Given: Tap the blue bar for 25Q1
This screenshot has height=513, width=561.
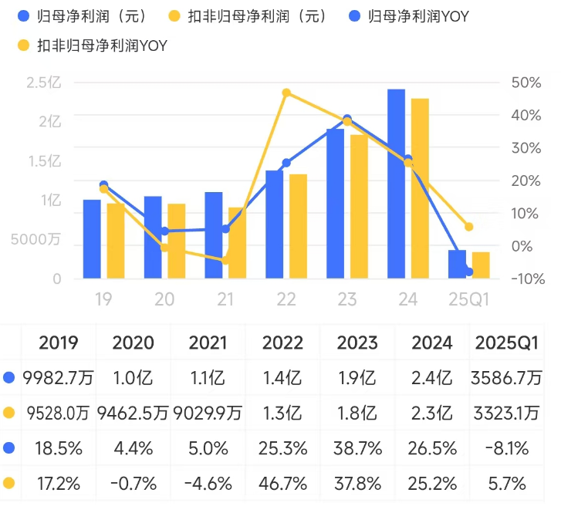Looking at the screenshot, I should click(x=458, y=265).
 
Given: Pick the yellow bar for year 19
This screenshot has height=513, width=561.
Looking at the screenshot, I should click(x=116, y=241).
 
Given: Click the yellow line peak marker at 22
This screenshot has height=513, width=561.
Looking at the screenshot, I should click(x=286, y=93).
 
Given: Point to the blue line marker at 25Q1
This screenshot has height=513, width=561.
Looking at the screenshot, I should click(x=469, y=272).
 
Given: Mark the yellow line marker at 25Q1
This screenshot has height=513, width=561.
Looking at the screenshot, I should click(x=469, y=227).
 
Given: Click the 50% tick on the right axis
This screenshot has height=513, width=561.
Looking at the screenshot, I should click(x=524, y=83).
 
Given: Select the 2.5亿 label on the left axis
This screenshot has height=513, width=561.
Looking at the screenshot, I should click(x=43, y=83).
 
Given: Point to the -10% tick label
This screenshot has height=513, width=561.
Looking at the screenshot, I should click(x=526, y=278).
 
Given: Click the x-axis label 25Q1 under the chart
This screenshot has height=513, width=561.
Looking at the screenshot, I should click(x=469, y=299).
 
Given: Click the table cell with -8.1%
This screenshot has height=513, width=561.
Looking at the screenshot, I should click(x=507, y=449).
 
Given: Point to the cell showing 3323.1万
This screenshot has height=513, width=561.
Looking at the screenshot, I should click(x=507, y=413).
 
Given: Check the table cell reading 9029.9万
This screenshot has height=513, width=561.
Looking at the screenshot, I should click(x=209, y=413).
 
